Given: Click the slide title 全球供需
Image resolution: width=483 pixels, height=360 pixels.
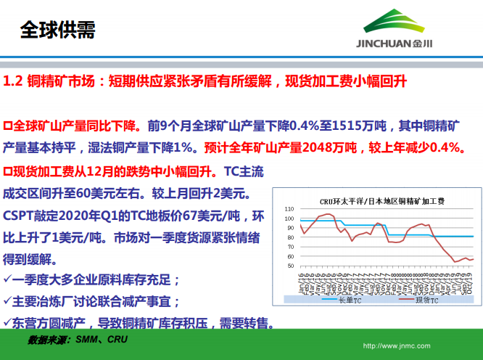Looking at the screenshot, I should (57, 30).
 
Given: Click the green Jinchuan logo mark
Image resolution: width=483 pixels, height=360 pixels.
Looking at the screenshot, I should (395, 22).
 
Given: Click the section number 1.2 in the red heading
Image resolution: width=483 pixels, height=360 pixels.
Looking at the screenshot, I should (14, 81).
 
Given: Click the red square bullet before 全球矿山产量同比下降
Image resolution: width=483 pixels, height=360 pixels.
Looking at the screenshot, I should (8, 125).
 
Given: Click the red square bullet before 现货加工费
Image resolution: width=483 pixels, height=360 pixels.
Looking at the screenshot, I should (8, 172).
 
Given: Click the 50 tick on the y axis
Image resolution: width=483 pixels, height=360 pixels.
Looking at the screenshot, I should (290, 266).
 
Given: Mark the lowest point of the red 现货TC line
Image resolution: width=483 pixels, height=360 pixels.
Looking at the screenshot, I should (455, 261).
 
